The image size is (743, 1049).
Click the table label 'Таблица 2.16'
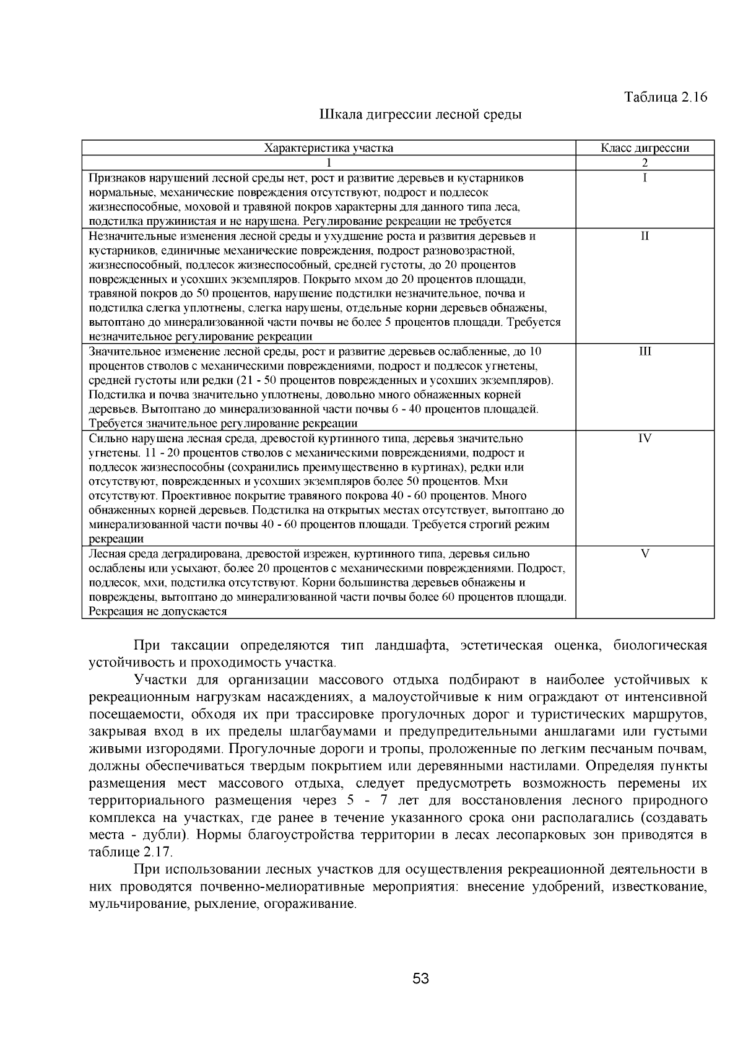coord(665,97)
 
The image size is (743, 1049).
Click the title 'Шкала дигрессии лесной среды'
coord(420,115)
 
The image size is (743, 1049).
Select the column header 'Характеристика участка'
coord(328,148)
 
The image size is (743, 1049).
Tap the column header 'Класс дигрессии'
coord(645,148)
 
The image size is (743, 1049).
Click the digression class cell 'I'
coord(645,178)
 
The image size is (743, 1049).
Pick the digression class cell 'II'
coord(645,236)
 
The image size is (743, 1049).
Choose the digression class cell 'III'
coord(645,351)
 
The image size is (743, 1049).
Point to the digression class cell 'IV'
coord(645,438)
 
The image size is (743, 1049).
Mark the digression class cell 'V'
coord(645,554)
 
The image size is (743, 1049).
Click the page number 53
coord(420,978)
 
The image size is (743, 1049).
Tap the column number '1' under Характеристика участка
coord(328,163)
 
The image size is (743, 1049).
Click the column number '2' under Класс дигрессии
coord(645,163)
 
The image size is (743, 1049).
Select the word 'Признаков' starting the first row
coord(114,178)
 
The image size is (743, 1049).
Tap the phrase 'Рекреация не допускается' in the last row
coord(158,611)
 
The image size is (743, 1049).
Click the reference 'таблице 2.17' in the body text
coord(129,851)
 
